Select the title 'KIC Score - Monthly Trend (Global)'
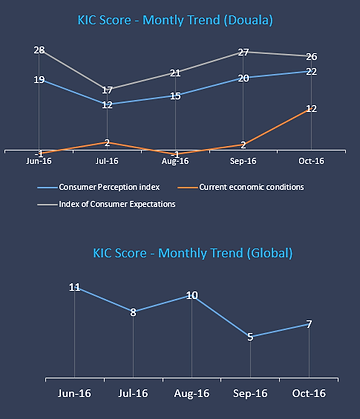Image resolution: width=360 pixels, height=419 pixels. (x=178, y=253)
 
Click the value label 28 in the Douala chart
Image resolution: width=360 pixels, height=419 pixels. (x=39, y=51)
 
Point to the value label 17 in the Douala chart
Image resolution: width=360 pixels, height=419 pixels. (x=107, y=90)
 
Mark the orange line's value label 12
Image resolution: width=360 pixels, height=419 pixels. (x=311, y=109)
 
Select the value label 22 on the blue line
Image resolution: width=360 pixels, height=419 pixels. (x=311, y=72)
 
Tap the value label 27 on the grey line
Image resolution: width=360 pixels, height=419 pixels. (x=243, y=53)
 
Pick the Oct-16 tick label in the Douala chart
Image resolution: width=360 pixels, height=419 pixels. (x=311, y=159)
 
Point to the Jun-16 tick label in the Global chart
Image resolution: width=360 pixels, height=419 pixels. (x=75, y=391)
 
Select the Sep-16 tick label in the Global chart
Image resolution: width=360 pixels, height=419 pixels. (x=250, y=391)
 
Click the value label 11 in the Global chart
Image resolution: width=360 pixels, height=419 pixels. (x=75, y=288)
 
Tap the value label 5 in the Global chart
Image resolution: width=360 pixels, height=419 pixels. (x=250, y=337)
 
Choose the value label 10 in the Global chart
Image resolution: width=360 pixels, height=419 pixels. (x=192, y=295)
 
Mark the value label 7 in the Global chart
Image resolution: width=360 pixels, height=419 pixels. (x=310, y=324)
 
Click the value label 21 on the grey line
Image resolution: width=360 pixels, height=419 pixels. (x=175, y=73)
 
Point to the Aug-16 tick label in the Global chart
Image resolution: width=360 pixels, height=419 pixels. (x=192, y=391)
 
